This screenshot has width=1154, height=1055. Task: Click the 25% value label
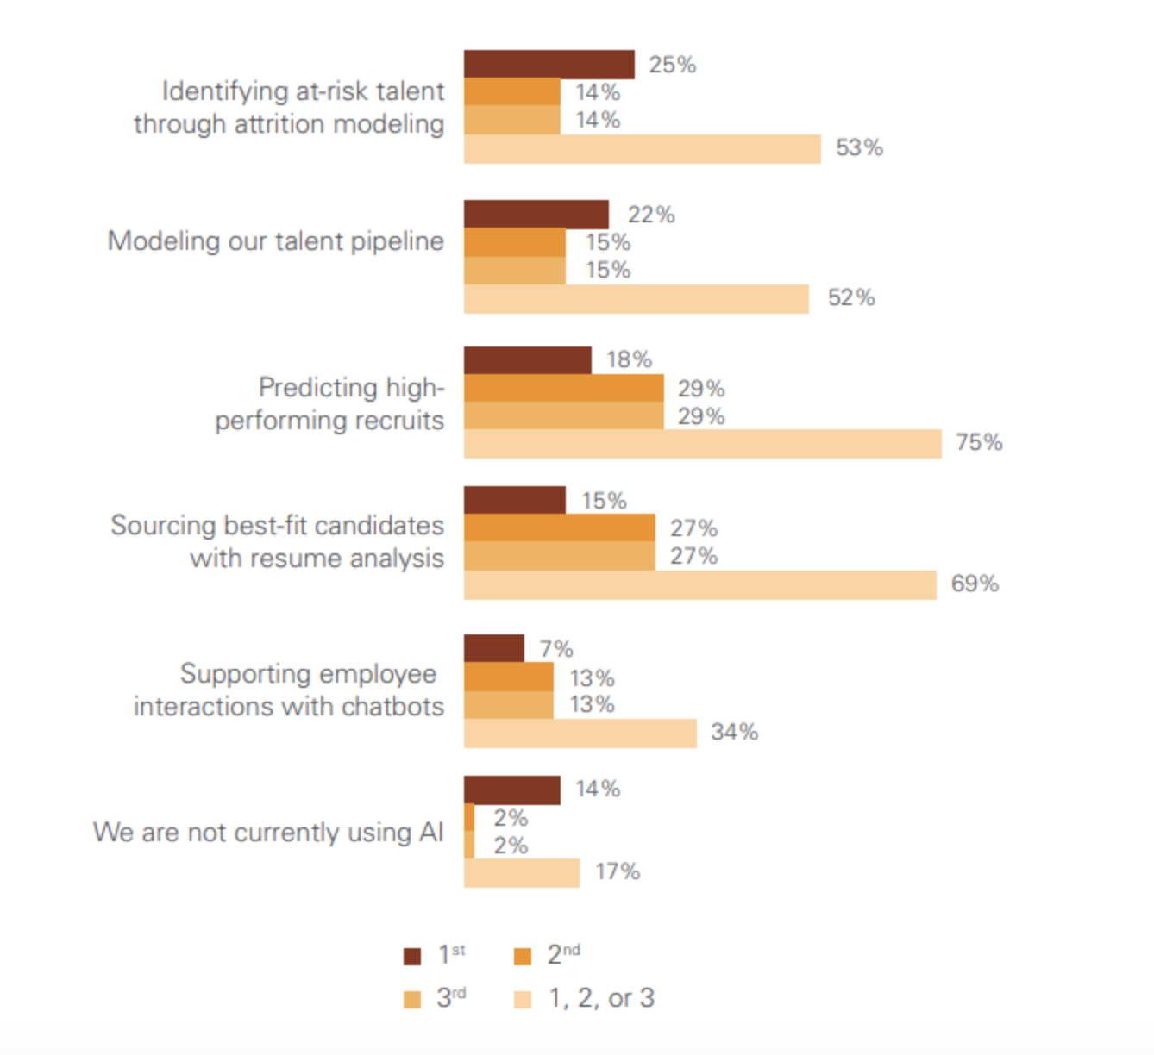click(x=672, y=65)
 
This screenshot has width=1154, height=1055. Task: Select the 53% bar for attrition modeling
click(x=642, y=148)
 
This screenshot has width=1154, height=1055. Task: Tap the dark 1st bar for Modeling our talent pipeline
click(x=536, y=214)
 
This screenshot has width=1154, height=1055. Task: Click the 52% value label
click(x=850, y=297)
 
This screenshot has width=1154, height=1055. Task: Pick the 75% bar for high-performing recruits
click(x=702, y=444)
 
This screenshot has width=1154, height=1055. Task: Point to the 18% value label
click(x=629, y=359)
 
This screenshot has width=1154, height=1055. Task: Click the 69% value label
click(x=975, y=584)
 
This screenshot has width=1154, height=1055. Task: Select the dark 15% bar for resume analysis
click(x=514, y=500)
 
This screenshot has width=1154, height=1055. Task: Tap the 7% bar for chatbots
click(x=493, y=648)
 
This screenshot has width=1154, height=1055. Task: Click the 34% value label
click(x=734, y=732)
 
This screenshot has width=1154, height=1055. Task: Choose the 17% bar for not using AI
click(x=521, y=872)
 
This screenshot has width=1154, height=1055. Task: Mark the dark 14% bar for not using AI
click(x=511, y=790)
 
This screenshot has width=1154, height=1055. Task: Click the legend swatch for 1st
click(x=412, y=956)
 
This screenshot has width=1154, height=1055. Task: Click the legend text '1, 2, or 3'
click(x=601, y=998)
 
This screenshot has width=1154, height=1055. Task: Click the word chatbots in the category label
click(x=392, y=707)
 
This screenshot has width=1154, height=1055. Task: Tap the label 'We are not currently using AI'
click(x=267, y=833)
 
